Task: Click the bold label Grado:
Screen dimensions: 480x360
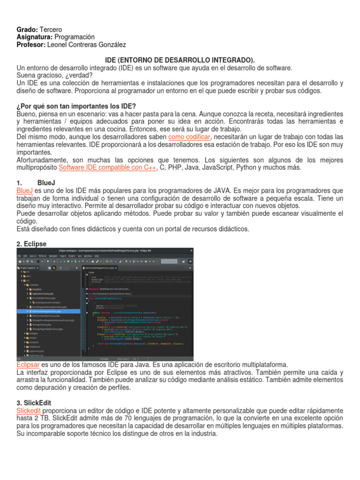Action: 27,30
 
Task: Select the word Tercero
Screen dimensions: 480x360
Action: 51,30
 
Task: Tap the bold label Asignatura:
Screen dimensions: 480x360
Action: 35,37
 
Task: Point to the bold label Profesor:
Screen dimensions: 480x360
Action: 31,45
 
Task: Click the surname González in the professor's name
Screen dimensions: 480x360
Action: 111,45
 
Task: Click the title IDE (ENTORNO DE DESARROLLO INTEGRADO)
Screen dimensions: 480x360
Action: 180,60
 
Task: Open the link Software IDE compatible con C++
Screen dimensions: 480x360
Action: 107,167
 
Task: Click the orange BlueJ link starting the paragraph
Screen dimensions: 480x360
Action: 24,190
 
